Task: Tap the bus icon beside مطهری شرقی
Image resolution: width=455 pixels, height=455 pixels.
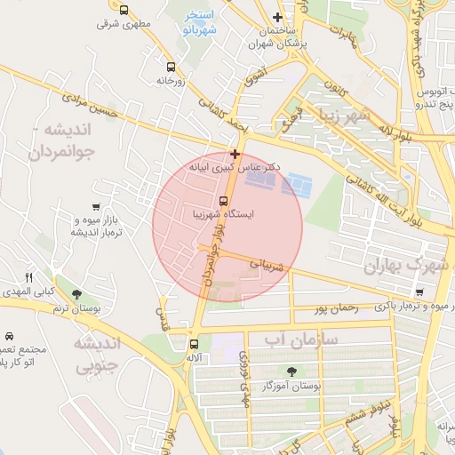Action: pos(124,11)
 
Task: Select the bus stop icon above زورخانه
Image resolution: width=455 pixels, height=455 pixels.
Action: pos(171,66)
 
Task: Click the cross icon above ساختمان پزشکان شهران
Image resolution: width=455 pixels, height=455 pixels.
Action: pos(278,17)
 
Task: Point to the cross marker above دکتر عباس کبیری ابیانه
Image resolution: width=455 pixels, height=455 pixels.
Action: pos(235,154)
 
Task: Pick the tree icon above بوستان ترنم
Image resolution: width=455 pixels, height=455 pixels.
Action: pos(76,294)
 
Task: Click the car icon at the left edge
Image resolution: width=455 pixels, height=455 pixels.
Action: pos(9,337)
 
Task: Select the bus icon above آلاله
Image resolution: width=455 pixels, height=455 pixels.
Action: pos(194,344)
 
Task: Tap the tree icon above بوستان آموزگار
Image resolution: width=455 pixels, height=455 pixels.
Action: pos(292,371)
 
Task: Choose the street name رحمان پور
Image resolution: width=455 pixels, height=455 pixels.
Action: pos(335,309)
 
